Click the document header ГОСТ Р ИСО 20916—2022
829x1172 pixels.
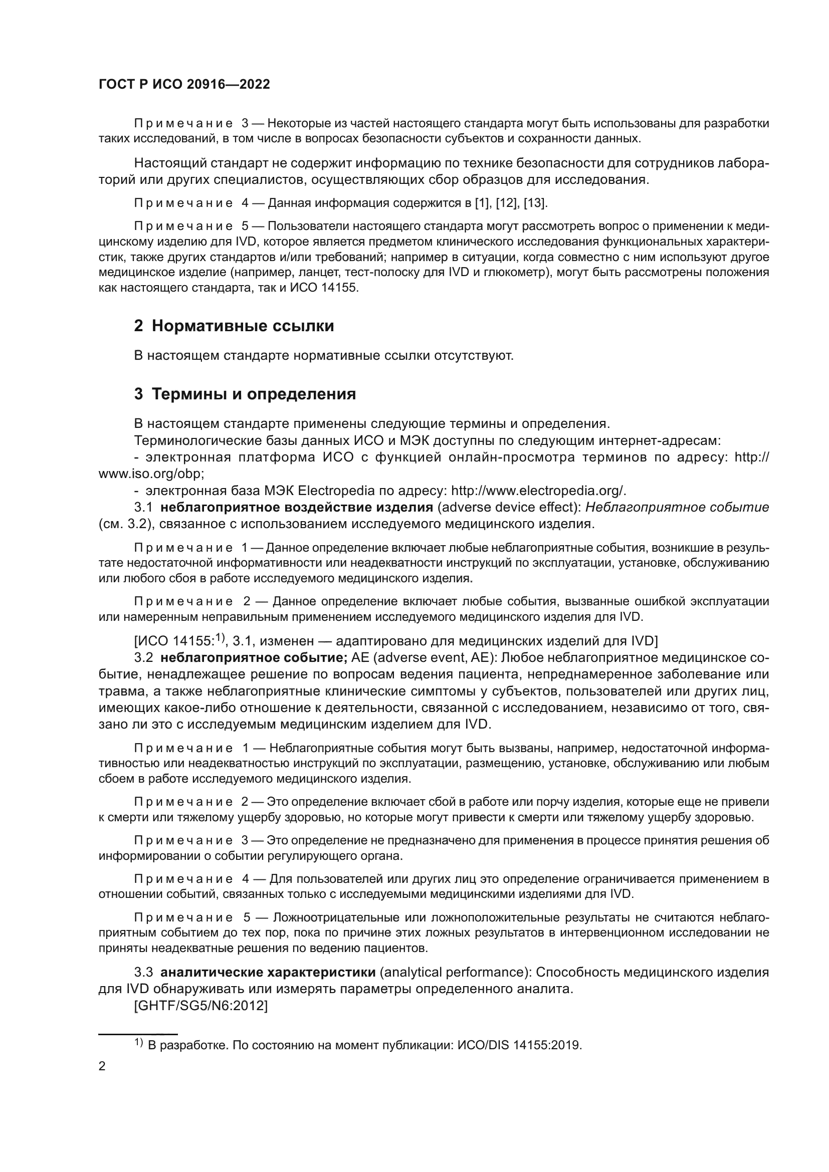[x=184, y=85]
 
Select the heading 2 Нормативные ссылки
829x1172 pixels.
[x=234, y=326]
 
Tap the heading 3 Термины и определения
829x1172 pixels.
[x=245, y=394]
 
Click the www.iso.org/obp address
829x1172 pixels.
[x=151, y=474]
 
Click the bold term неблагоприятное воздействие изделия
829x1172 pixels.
[x=297, y=508]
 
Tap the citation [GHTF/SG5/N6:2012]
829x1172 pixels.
[x=200, y=1006]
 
